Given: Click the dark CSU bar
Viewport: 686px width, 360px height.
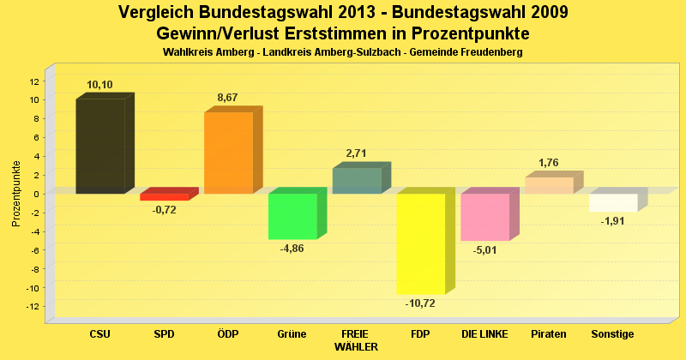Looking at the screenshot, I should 100,146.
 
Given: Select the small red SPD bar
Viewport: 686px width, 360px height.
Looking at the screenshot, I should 164,197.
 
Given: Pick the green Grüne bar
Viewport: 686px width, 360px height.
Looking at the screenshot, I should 292,216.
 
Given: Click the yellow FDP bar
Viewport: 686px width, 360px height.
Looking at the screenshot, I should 420,243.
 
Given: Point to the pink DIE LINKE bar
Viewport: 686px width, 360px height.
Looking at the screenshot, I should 484,217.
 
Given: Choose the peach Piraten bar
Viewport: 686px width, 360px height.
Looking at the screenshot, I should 549,185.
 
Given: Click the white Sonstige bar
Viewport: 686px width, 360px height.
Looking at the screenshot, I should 613,202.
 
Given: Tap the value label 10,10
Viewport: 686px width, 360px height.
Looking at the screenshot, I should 100,85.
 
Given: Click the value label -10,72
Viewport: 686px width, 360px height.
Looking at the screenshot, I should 420,303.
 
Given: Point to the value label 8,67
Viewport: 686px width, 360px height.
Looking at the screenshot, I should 228,98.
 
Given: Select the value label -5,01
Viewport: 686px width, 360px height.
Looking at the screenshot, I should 484,250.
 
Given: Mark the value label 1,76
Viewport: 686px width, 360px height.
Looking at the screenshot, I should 549,163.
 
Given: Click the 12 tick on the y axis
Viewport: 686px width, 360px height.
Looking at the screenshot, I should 33,81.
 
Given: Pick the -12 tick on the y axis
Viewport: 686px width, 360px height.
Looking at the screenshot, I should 32,307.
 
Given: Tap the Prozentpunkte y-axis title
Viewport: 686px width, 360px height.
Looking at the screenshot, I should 16,194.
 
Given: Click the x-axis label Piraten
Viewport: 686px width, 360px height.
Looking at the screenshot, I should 549,333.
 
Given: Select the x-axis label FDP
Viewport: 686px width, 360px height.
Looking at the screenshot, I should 420,333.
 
